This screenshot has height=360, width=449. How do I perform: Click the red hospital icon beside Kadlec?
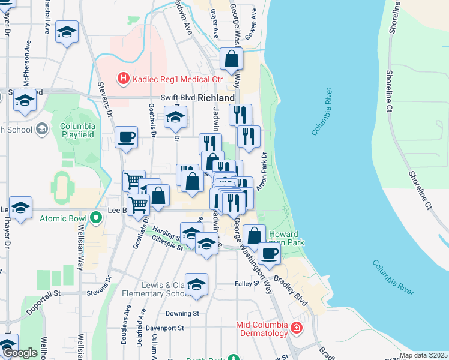pyautogui.click(x=123, y=79)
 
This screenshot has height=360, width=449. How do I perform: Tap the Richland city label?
pyautogui.click(x=216, y=98)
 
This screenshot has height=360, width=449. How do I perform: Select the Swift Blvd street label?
pyautogui.click(x=178, y=98)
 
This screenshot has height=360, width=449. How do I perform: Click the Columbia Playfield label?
pyautogui.click(x=77, y=131)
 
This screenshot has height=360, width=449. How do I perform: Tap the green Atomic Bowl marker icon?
pyautogui.click(x=95, y=219)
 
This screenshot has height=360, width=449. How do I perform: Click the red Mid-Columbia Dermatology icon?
pyautogui.click(x=296, y=328)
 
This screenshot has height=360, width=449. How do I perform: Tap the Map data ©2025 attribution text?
pyautogui.click(x=423, y=355)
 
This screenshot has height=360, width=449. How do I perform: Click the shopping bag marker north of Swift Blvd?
pyautogui.click(x=231, y=59)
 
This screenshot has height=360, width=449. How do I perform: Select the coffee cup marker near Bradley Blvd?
pyautogui.click(x=270, y=253)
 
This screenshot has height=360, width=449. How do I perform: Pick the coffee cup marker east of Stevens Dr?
pyautogui.click(x=127, y=137)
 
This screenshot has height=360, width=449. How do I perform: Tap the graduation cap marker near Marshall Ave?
pyautogui.click(x=67, y=32)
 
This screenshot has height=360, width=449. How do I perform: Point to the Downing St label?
pyautogui.click(x=182, y=313)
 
